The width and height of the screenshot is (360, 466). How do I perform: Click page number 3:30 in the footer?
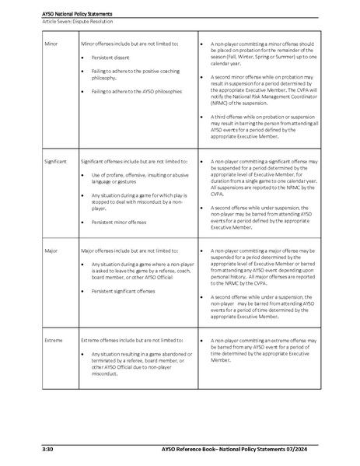(x=47, y=450)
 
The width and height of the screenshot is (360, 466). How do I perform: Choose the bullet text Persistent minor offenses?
(x=125, y=222)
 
